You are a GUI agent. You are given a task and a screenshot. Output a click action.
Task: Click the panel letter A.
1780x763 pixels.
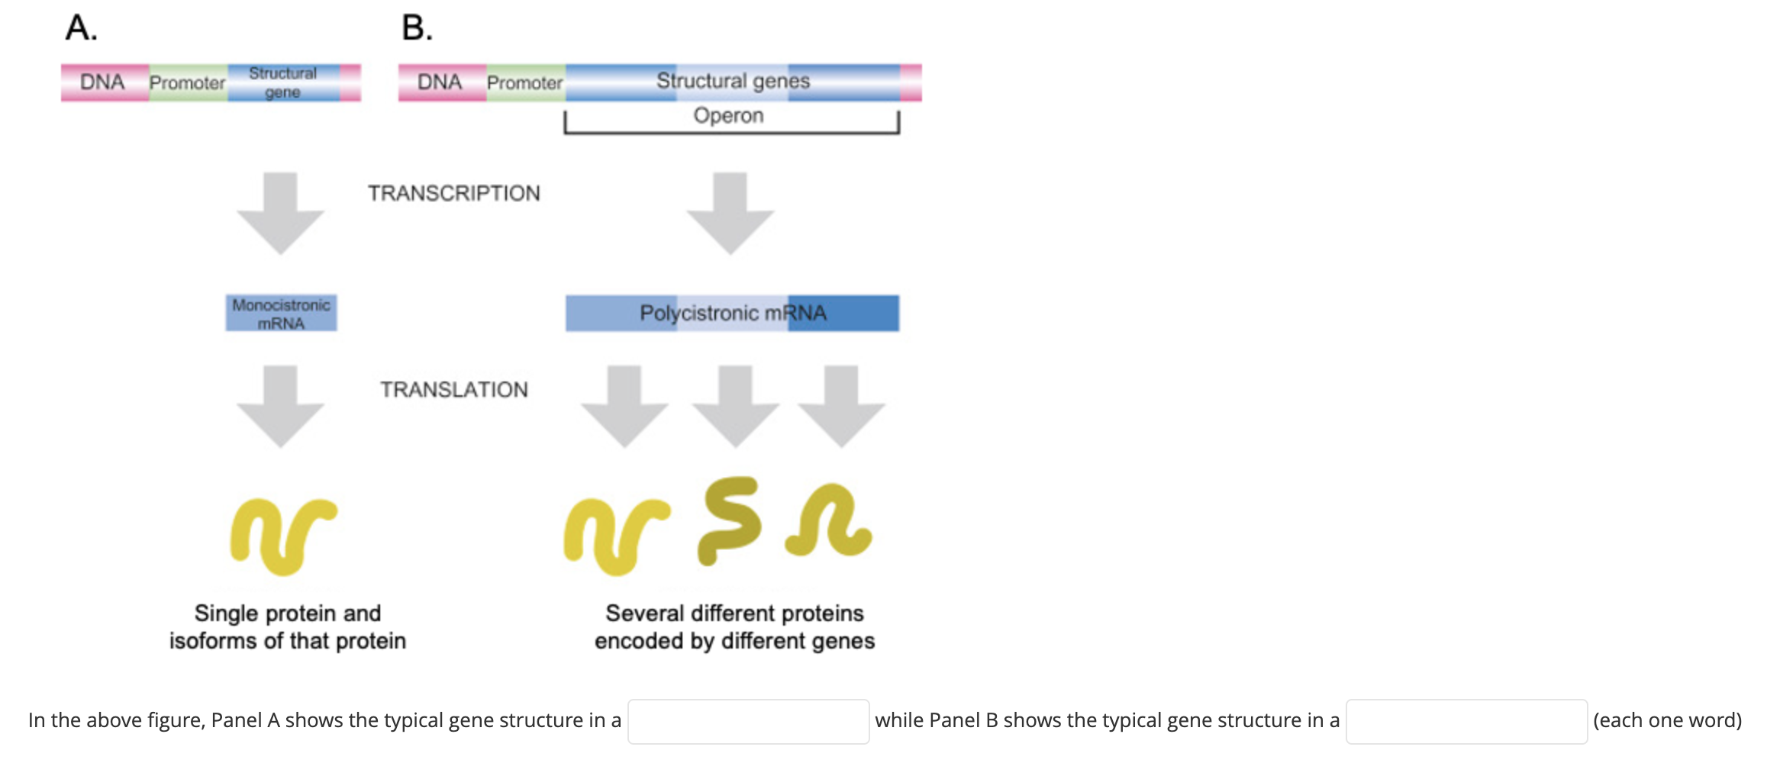(81, 28)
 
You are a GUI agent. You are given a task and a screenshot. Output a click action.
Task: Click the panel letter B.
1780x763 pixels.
(417, 28)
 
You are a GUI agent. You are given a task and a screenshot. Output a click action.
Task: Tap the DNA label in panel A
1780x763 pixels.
(102, 82)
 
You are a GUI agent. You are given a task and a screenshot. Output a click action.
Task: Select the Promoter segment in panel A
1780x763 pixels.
(187, 82)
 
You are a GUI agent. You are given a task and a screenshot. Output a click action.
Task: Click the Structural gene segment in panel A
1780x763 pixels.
(282, 82)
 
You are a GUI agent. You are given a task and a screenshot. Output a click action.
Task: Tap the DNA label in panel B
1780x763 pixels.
(440, 82)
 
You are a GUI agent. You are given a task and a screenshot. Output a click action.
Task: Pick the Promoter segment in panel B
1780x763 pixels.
(524, 82)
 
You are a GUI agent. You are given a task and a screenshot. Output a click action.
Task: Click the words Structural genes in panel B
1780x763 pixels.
(733, 81)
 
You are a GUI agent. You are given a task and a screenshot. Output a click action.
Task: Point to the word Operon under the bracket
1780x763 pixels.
(728, 116)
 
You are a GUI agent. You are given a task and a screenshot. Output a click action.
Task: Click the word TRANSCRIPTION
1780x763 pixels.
(454, 193)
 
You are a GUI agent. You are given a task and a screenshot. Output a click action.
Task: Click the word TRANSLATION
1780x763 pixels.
(454, 390)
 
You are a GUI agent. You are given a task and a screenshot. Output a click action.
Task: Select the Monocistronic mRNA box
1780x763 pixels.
(281, 314)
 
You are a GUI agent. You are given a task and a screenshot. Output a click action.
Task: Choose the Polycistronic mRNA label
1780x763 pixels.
(733, 314)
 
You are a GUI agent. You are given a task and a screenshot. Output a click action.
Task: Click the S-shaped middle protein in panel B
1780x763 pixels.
(729, 521)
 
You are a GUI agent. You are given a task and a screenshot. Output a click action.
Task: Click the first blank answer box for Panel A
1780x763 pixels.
(748, 722)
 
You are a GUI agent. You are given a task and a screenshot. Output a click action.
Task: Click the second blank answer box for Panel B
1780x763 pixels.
(1466, 722)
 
